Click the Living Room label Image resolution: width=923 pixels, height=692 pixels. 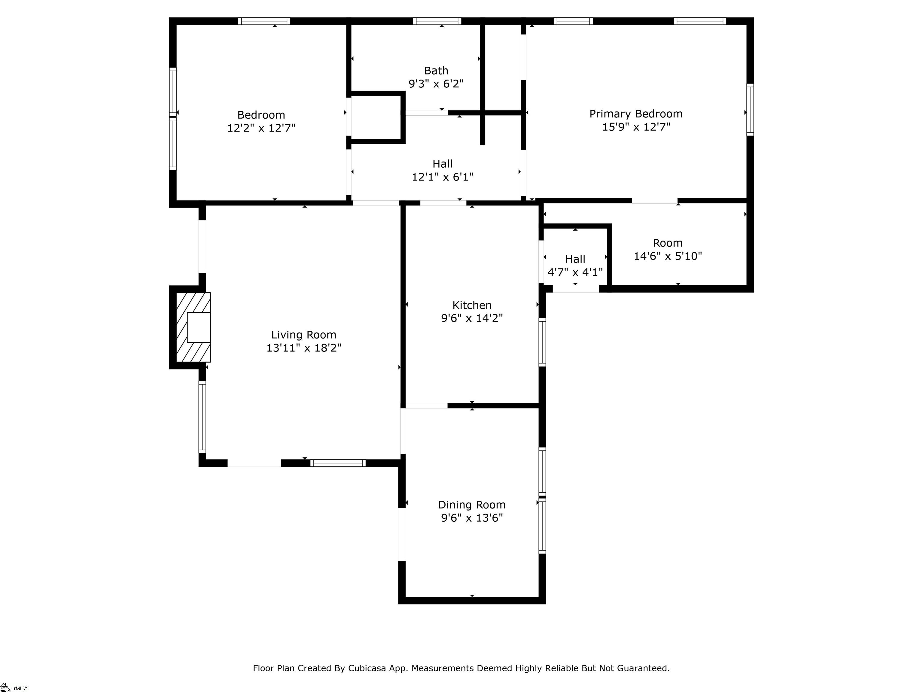tap(303, 335)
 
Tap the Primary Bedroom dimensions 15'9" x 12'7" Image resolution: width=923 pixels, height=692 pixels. tap(636, 127)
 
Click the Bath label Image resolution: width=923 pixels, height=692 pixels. tap(436, 71)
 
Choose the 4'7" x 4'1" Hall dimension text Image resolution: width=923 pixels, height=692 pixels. tap(575, 272)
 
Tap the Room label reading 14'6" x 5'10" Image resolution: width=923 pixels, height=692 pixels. tap(668, 249)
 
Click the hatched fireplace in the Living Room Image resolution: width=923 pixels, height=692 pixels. tap(193, 327)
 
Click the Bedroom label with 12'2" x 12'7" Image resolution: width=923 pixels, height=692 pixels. tap(261, 121)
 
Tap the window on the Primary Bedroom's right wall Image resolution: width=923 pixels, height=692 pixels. tap(750, 109)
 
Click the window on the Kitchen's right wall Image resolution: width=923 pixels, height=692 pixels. tap(542, 342)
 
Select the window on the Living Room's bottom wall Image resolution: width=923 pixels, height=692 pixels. tap(338, 463)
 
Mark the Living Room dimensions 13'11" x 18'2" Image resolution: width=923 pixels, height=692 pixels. tap(304, 348)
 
